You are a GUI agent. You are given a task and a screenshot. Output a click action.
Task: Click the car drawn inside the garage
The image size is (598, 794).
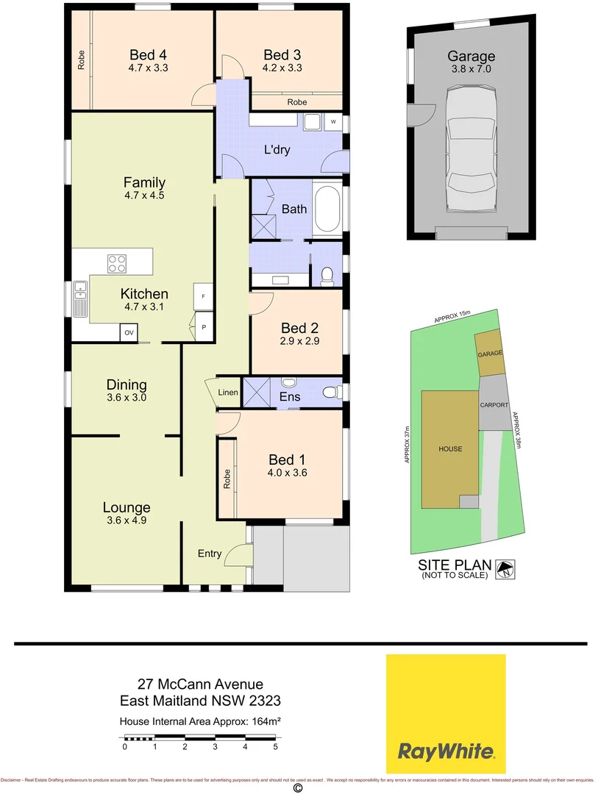[471, 157]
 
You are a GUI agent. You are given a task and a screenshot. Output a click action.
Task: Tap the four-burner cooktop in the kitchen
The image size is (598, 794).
[117, 262]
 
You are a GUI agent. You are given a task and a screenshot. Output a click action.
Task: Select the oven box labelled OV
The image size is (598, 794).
[129, 333]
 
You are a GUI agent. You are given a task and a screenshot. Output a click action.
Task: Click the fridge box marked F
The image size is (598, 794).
[203, 295]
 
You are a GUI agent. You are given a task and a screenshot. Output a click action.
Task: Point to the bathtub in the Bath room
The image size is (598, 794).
[327, 210]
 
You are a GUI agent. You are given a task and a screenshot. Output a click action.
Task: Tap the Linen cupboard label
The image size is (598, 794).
[228, 393]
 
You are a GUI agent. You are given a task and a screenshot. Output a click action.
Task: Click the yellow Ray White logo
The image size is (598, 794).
[446, 713]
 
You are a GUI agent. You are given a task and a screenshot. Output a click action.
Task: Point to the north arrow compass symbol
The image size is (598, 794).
[506, 568]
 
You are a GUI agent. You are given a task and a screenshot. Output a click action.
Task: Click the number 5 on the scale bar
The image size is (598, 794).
[275, 747]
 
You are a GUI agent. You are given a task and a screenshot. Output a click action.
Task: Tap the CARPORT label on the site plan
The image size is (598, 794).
[494, 405]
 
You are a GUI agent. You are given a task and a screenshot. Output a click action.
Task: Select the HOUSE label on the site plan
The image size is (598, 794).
[450, 448]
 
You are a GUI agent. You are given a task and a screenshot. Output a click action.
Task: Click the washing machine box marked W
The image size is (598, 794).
[333, 121]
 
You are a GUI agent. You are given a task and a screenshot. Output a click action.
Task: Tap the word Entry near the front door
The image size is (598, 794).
[210, 554]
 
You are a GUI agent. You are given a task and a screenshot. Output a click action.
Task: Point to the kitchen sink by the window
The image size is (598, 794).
[79, 298]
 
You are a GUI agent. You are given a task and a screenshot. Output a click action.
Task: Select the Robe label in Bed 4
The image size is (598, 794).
[80, 60]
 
